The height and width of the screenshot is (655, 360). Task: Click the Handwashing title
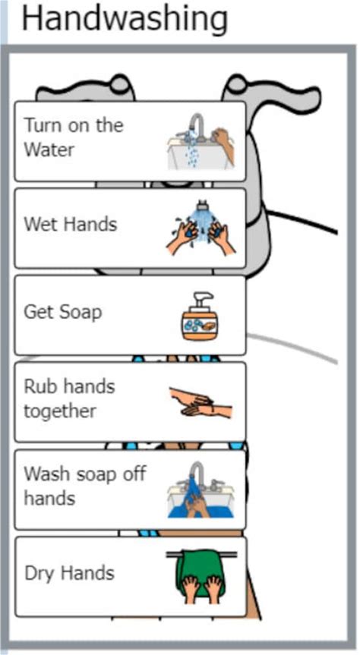(125, 20)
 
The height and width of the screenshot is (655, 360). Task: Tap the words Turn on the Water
(74, 137)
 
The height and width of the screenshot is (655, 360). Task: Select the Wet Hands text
(70, 225)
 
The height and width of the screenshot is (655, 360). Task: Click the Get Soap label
(63, 312)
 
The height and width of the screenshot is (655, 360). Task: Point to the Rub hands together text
(69, 399)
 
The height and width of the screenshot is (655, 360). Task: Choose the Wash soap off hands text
(84, 486)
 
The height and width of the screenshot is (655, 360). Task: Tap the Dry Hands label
(69, 573)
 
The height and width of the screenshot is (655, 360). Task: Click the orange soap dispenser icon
(200, 316)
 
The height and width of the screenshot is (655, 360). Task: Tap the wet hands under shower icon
(201, 228)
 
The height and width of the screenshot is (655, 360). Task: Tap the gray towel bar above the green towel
(201, 555)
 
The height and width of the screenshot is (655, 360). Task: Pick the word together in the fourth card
(60, 412)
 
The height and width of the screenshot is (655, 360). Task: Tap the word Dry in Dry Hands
(39, 573)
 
